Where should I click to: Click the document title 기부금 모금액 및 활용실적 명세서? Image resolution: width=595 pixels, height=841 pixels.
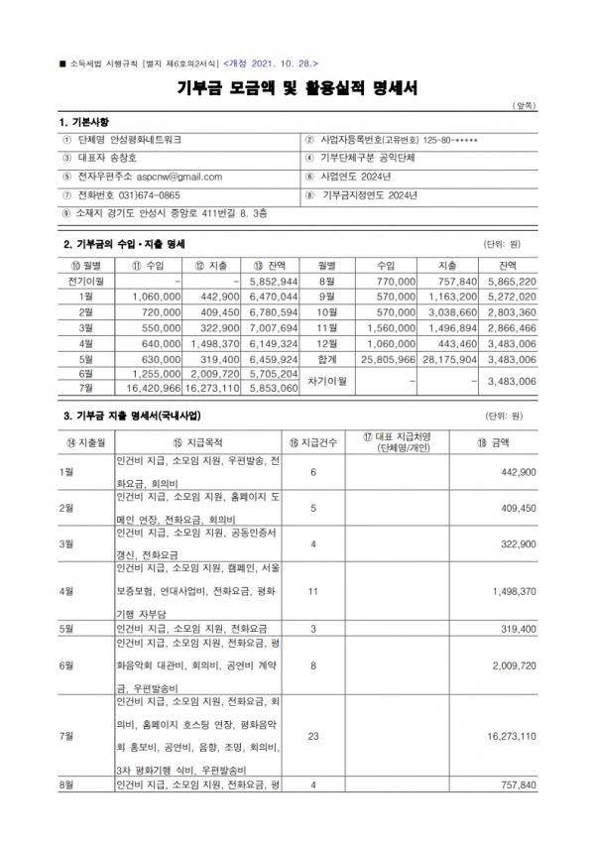tap(297, 88)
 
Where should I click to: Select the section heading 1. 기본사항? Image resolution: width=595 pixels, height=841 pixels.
tap(91, 121)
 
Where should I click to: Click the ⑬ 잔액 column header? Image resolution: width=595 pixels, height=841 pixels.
tap(272, 265)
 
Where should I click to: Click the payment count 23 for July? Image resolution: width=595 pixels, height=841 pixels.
tap(312, 736)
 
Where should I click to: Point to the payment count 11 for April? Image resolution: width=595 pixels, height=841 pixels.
tap(312, 591)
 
